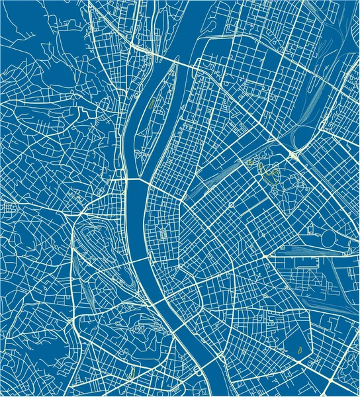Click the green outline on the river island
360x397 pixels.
click(x=152, y=103)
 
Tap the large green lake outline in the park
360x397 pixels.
click(x=269, y=174)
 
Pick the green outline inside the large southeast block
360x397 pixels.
click(x=298, y=349)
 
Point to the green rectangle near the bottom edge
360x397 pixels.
click(x=132, y=373)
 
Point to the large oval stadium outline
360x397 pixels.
click(x=330, y=236)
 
